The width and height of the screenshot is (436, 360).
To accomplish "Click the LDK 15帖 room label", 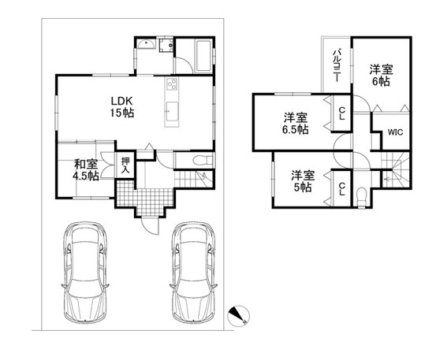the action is (121, 106).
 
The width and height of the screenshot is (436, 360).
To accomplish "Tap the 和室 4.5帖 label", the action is (86, 170).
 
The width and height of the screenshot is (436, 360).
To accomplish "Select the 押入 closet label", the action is (125, 165).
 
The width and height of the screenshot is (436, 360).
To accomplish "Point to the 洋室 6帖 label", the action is (381, 76).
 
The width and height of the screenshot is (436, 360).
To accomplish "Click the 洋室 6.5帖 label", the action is (296, 124).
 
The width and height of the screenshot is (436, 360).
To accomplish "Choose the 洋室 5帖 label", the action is (303, 181).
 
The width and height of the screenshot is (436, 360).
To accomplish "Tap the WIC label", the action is (395, 132).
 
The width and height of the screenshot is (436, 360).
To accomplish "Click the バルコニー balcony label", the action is (337, 65).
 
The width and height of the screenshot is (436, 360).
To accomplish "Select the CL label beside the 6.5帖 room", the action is (342, 113).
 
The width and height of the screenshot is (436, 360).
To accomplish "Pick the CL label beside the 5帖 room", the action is (342, 189).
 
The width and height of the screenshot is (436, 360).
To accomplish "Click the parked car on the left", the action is (85, 273).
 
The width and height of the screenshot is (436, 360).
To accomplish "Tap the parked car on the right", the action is (193, 273).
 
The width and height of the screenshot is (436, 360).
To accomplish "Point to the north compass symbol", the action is (238, 316).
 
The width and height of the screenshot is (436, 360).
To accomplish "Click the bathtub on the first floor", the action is (204, 56).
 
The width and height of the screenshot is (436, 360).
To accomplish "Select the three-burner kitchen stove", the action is (171, 84).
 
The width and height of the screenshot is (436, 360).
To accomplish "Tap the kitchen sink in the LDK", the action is (172, 111).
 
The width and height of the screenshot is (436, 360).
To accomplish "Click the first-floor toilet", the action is (202, 160).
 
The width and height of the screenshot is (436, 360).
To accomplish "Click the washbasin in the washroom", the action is (147, 44).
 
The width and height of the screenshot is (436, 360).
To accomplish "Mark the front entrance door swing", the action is (150, 225).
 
